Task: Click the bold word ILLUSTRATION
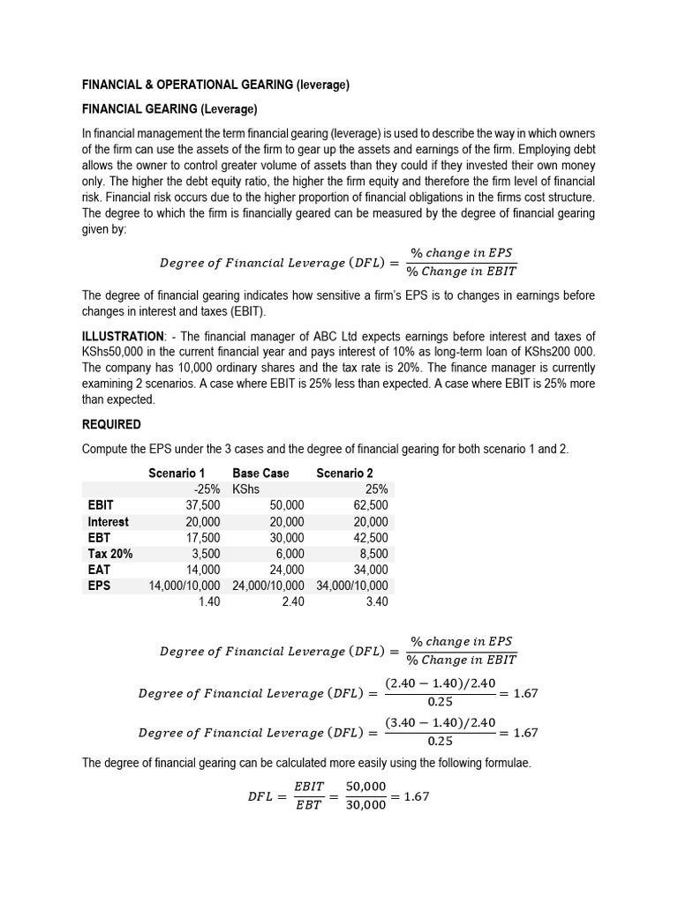coord(123,336)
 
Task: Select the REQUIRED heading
coord(111,424)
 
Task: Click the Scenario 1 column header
coord(177,474)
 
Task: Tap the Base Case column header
coord(260,474)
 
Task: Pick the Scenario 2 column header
coord(344,474)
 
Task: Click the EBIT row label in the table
coord(101,505)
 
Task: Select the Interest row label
coord(108,521)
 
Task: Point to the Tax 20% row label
coord(110,553)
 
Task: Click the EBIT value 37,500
coord(203,505)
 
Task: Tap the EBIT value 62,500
coord(370,505)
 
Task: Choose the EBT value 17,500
coord(203,537)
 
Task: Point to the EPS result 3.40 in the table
coord(377,601)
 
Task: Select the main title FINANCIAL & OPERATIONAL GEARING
coord(216,86)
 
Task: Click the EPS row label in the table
coord(99,585)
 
